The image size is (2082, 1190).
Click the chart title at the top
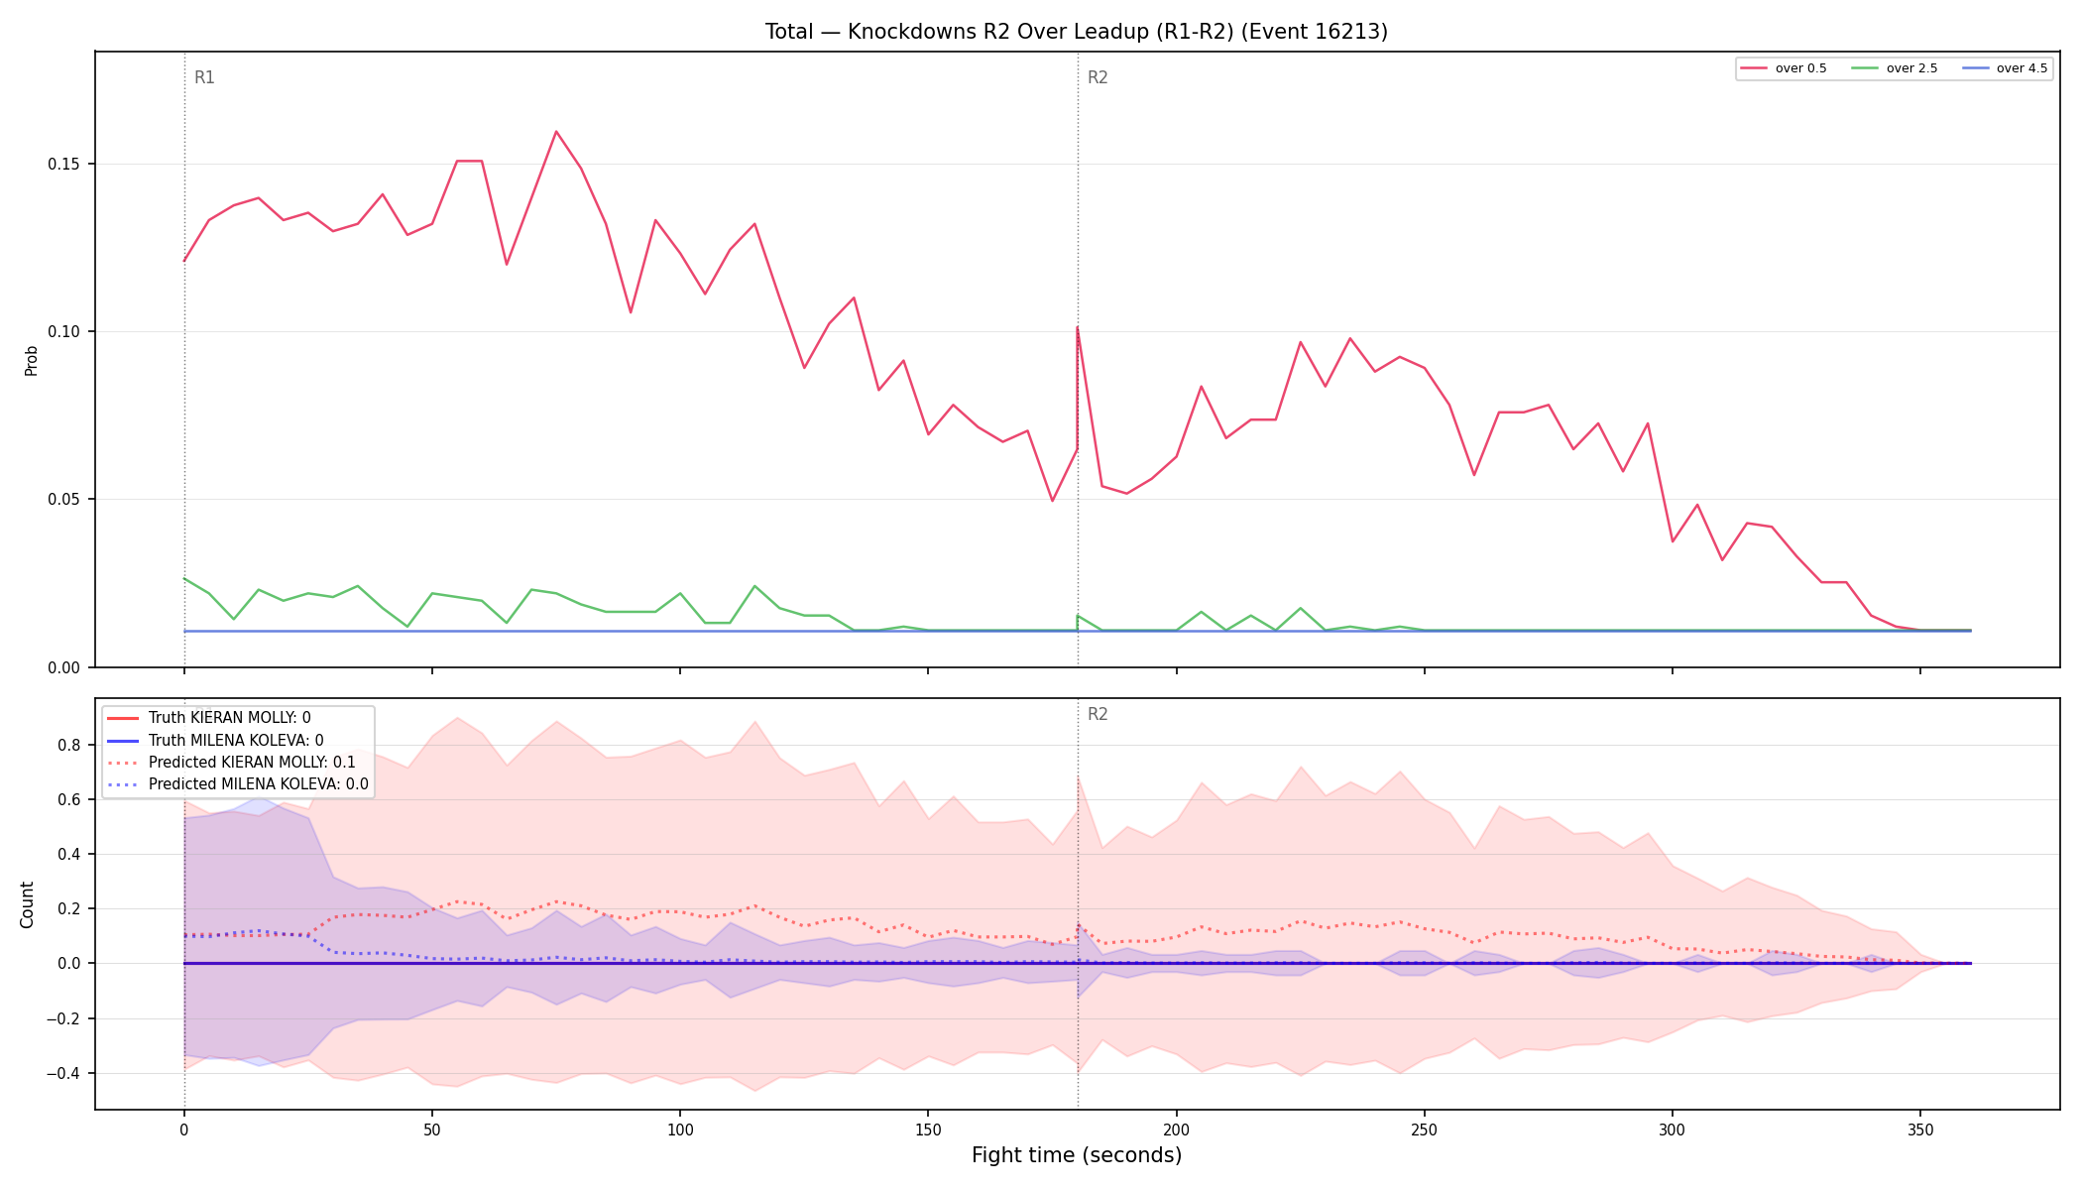(x=1076, y=32)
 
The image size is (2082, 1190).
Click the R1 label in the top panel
(x=204, y=77)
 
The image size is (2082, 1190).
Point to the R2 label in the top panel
(x=1098, y=77)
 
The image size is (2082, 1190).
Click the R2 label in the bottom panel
(x=1098, y=714)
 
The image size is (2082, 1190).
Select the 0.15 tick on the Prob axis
(x=64, y=164)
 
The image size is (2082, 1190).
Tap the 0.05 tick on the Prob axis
(x=64, y=499)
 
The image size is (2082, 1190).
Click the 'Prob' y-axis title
(x=31, y=360)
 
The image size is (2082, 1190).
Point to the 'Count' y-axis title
(x=27, y=904)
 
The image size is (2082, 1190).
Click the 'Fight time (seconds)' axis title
(x=1077, y=1155)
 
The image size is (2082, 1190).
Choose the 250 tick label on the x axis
(x=1424, y=1130)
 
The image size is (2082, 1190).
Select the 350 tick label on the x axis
(x=1920, y=1130)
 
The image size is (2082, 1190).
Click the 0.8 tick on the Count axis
(x=70, y=745)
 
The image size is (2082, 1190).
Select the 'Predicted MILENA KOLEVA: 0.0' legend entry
(x=238, y=784)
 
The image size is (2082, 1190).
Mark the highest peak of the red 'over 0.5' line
(x=556, y=131)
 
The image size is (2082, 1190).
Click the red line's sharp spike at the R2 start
(x=1077, y=327)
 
